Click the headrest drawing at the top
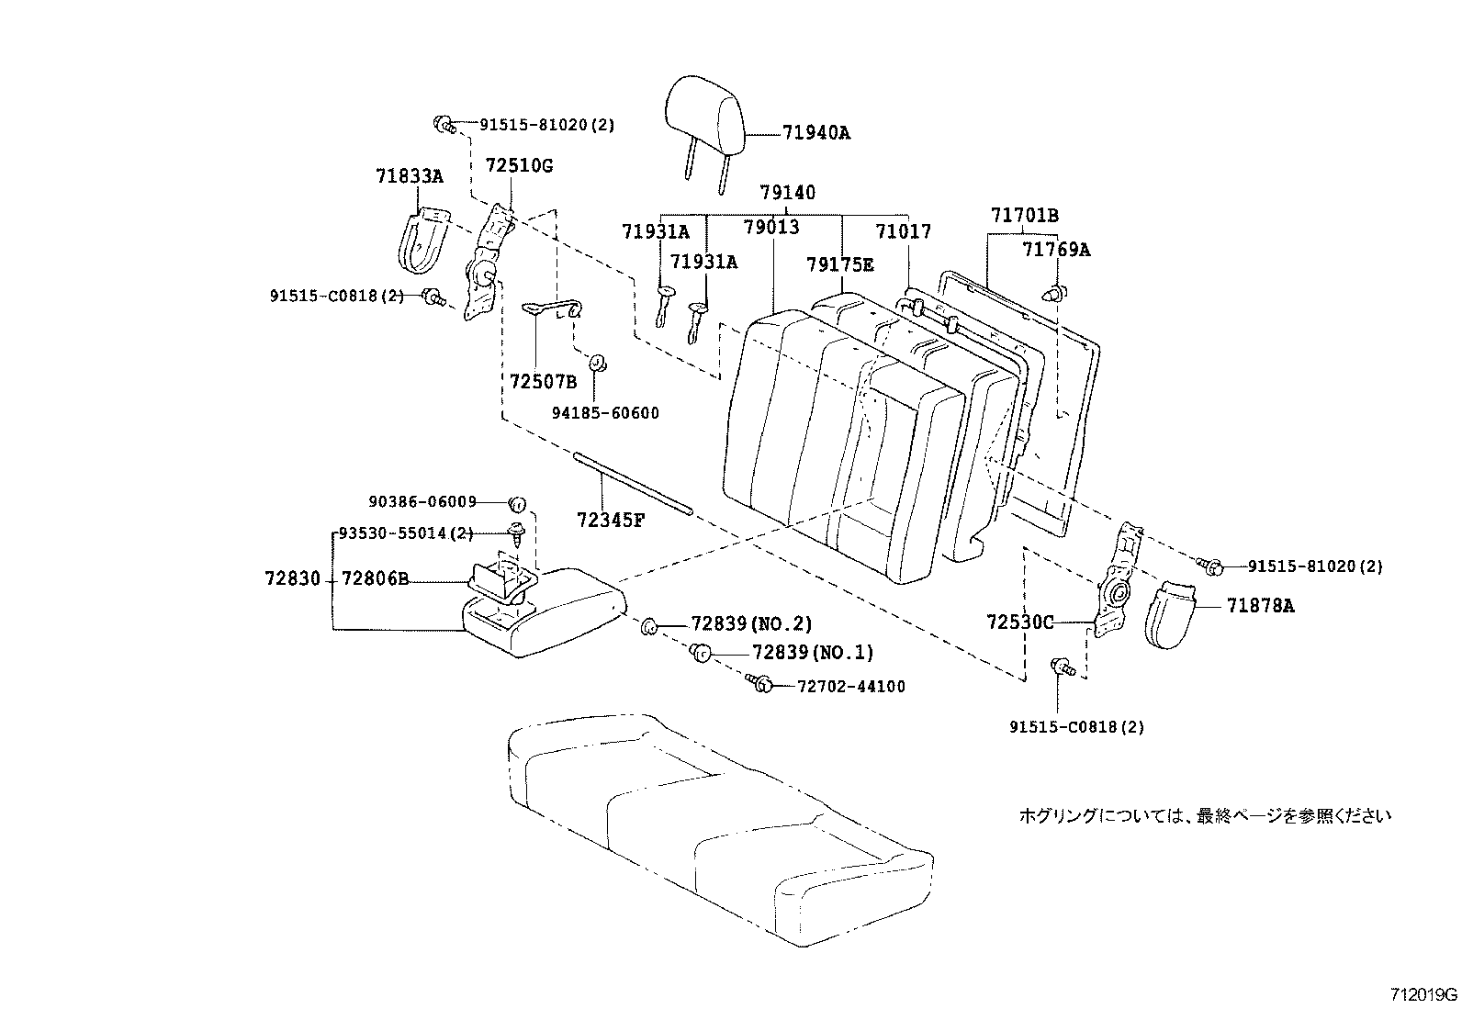point(704,117)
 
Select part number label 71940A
point(815,133)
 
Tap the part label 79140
point(787,193)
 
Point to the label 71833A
point(409,175)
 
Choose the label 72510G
point(519,166)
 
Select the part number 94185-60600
point(604,413)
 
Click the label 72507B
point(544,381)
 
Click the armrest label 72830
point(292,579)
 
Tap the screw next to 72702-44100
point(759,683)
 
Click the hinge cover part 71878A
point(1172,612)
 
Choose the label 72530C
point(1019,622)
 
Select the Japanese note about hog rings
point(1205,815)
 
